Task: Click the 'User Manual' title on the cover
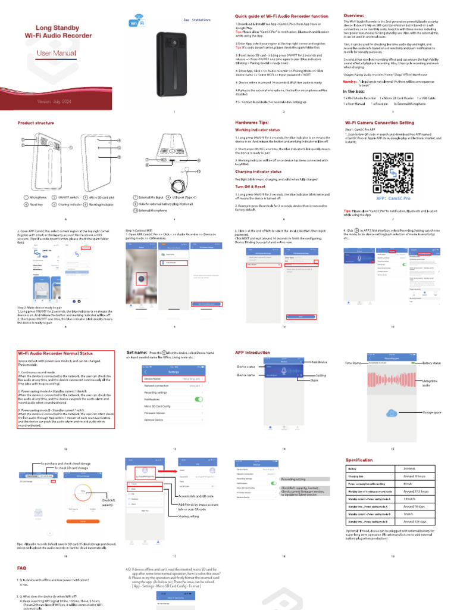click(52, 53)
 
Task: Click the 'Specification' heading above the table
click(359, 460)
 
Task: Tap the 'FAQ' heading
click(21, 568)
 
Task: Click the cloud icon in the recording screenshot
click(392, 413)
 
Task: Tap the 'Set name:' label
click(137, 353)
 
